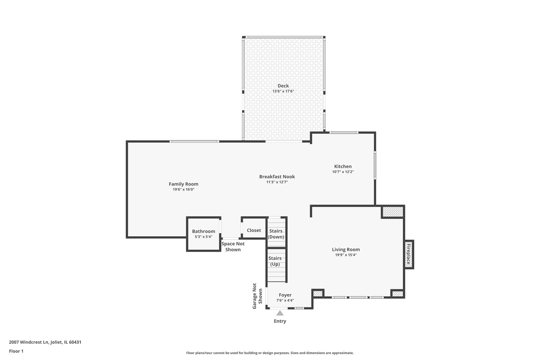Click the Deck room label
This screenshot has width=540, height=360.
point(283,86)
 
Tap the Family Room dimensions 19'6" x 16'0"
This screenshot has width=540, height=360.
point(183,190)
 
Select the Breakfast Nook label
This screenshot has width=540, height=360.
point(277,177)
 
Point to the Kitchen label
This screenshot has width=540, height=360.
point(343,166)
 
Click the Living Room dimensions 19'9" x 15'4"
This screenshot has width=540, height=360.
point(346,255)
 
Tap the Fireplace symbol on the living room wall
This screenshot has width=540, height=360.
point(409,254)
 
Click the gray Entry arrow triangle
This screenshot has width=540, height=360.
point(280,313)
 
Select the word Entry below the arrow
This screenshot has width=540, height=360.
point(280,321)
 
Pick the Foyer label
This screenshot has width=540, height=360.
point(285,295)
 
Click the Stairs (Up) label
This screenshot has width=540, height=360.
point(275,261)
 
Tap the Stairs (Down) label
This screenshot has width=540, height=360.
point(276,234)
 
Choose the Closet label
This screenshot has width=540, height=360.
point(254,230)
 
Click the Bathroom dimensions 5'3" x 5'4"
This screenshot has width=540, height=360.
point(203,237)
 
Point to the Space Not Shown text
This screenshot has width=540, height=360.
point(233,247)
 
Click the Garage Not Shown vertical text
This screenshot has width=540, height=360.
point(257,296)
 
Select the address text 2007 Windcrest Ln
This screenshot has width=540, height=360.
point(29,342)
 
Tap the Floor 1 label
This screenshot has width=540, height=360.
point(16,351)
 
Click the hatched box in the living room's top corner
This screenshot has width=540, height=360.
point(393,212)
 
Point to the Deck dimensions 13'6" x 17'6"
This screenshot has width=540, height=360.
point(283,91)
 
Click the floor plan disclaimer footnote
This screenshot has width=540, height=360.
point(270,353)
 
